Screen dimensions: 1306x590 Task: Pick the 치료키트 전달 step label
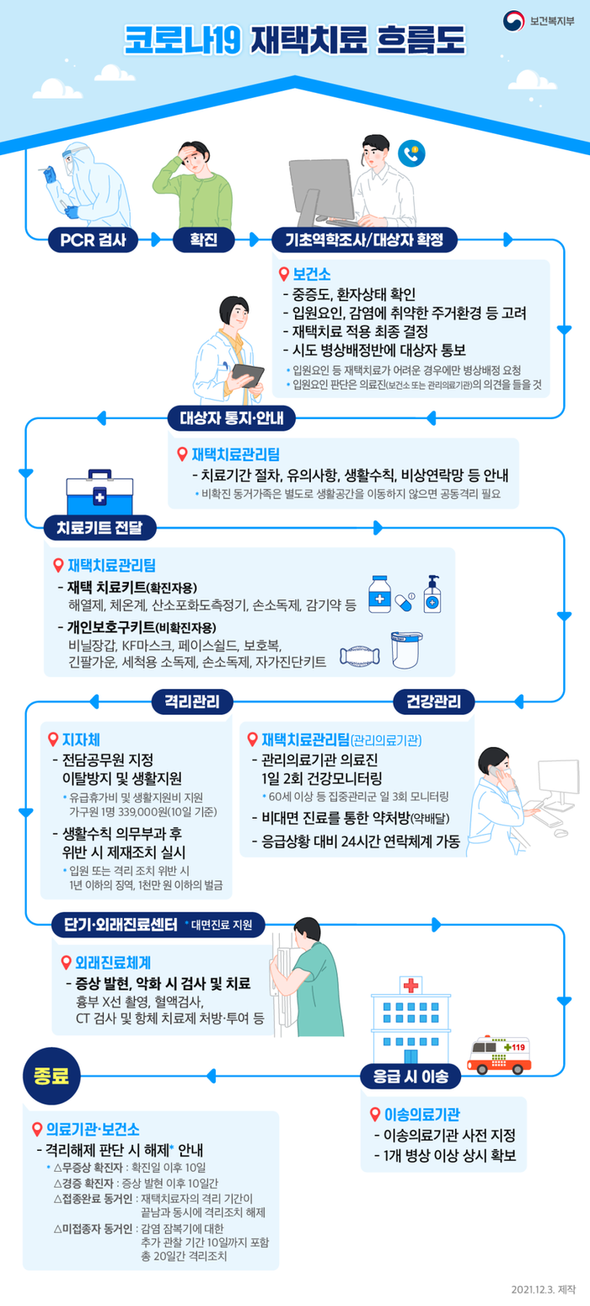tap(99, 529)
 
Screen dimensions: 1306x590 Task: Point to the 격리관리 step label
tap(192, 701)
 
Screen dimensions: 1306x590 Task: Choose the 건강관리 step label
tap(434, 701)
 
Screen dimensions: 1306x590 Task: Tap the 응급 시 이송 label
tap(410, 1076)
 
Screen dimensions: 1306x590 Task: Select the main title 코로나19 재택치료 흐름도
tap(294, 40)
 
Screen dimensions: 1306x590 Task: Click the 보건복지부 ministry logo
tap(539, 19)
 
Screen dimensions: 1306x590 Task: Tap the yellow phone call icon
tap(412, 153)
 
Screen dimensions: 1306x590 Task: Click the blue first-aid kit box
tap(99, 492)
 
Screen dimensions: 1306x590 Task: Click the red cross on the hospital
tap(410, 985)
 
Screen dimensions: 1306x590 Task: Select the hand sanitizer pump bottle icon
tap(432, 596)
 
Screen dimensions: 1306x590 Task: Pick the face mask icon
tap(360, 655)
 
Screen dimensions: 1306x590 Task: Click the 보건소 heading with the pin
tap(305, 274)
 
